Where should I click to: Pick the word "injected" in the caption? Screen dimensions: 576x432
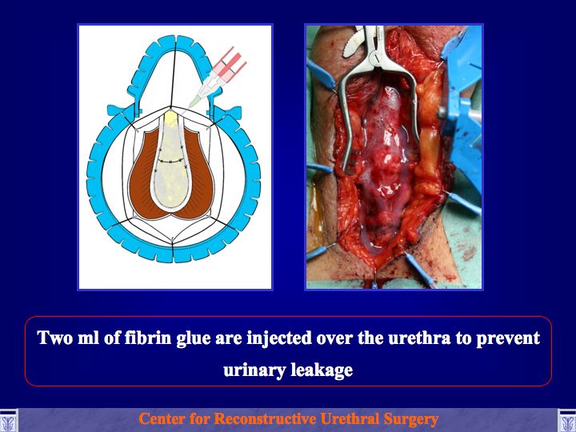(279, 338)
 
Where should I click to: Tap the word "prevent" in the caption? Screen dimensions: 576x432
(508, 338)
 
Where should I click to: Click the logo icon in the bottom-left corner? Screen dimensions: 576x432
(8, 420)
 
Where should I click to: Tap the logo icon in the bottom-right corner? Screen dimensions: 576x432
(567, 420)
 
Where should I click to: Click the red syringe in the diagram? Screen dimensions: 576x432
(228, 68)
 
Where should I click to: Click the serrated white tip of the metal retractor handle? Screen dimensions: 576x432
(354, 43)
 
